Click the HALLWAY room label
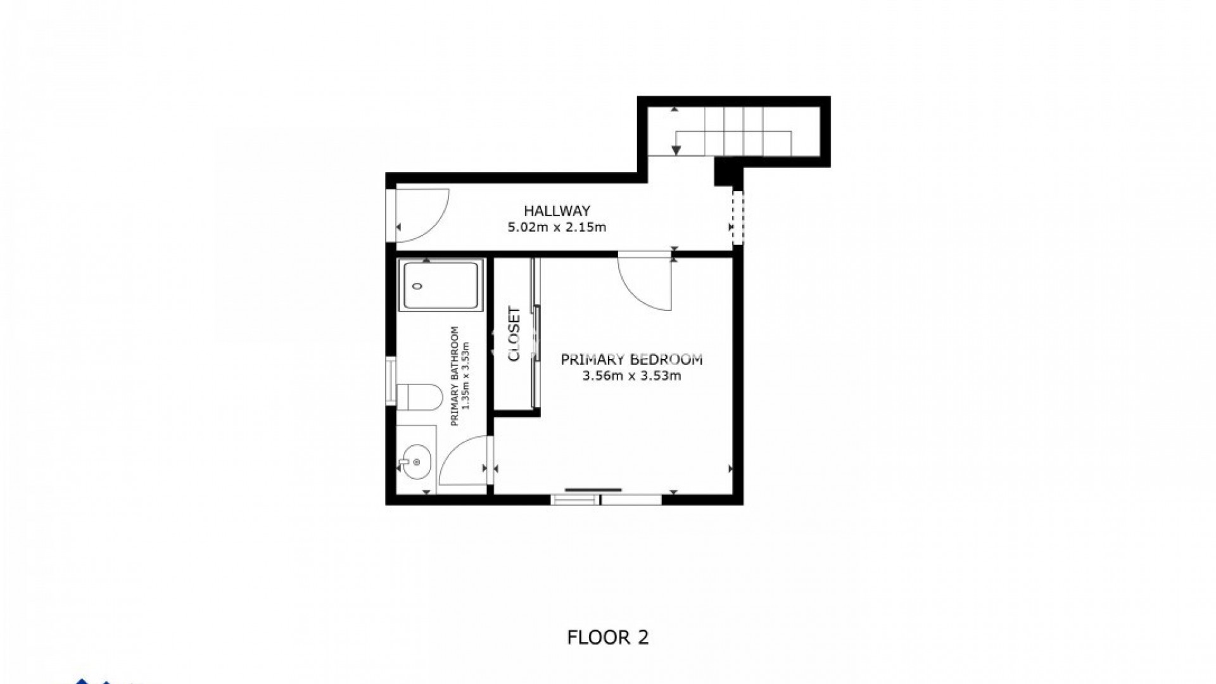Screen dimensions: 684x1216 click(x=557, y=211)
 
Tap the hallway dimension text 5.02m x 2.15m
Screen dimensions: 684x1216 click(x=557, y=227)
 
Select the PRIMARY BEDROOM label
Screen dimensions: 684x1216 click(x=631, y=360)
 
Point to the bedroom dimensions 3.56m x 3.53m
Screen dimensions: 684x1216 click(x=631, y=376)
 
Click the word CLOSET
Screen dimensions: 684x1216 click(x=514, y=334)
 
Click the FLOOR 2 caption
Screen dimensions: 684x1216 click(x=607, y=637)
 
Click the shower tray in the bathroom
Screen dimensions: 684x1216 click(x=441, y=286)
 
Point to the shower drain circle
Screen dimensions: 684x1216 click(x=417, y=286)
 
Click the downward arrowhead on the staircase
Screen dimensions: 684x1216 click(x=676, y=150)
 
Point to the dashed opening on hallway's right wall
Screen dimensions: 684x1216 click(x=737, y=217)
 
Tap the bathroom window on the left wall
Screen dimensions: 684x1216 click(x=391, y=381)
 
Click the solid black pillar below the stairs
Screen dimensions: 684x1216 click(x=727, y=172)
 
